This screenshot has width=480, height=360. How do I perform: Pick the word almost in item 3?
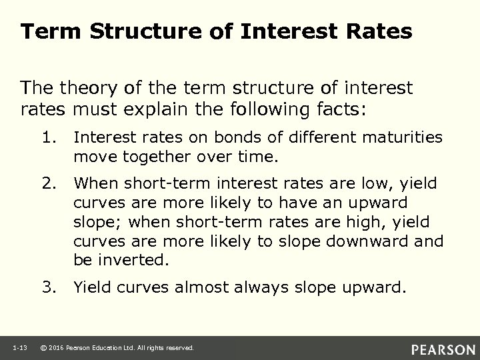tap(197, 288)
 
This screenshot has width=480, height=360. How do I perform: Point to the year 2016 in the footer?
tap(59, 348)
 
